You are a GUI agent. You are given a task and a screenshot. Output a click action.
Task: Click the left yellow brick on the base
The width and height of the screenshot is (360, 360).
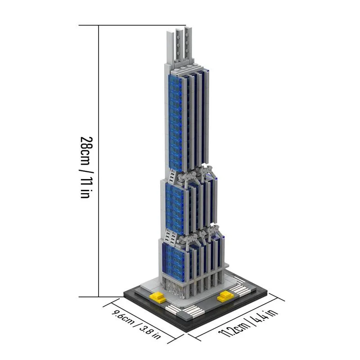[157, 297]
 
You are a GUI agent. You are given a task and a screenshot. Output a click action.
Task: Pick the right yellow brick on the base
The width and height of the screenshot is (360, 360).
[225, 296]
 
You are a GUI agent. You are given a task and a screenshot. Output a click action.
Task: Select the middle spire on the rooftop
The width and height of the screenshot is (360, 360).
[179, 45]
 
